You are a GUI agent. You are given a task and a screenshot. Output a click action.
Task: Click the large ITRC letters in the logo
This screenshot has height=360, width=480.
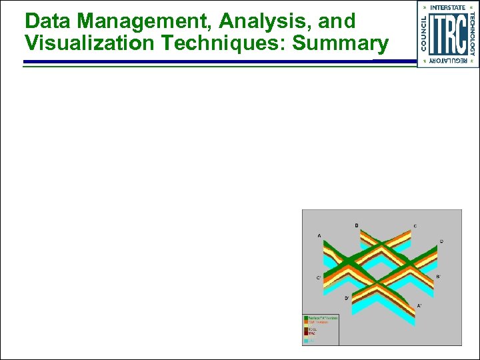pos(447,34)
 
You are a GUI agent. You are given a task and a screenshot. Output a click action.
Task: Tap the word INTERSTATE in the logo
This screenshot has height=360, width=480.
pos(448,7)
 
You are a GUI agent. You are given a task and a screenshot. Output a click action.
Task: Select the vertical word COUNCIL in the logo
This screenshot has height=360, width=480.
pos(423,34)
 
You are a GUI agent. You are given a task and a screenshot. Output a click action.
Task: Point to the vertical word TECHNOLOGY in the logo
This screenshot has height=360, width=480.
pos(472,34)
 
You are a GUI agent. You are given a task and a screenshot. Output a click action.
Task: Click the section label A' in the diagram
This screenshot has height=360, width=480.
pos(419,305)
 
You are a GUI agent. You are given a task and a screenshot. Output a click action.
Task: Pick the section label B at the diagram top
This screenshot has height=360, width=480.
pos(357,225)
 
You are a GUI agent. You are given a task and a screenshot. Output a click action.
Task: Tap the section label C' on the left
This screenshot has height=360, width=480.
pos(318,277)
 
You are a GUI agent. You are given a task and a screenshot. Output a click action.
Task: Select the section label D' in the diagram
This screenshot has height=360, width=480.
pos(347,298)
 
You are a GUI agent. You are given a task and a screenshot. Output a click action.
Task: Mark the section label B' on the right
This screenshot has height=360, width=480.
pos(437,276)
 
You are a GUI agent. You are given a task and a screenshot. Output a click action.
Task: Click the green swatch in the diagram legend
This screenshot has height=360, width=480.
pos(305,318)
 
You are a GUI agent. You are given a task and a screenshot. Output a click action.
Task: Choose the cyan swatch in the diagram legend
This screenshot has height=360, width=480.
pos(305,340)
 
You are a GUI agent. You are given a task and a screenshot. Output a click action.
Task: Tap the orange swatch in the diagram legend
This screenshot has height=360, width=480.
pos(305,323)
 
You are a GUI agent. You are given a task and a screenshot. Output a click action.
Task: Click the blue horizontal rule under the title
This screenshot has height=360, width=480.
pos(200,61)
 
